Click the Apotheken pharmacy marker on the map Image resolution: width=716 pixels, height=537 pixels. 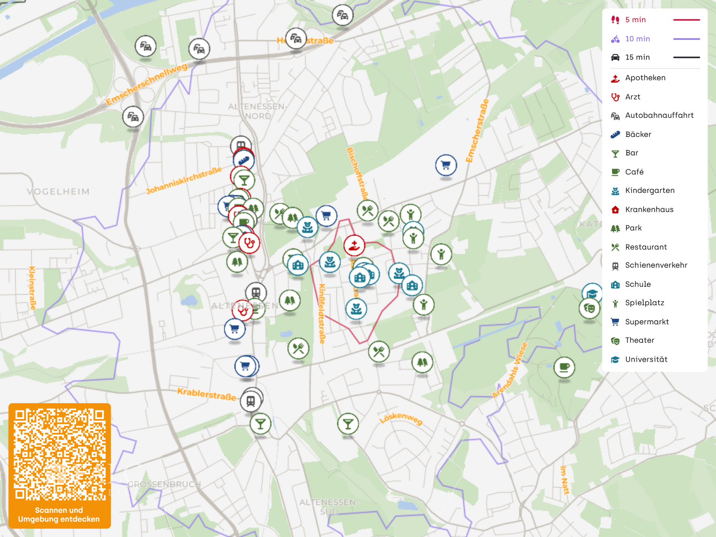coord(354,245)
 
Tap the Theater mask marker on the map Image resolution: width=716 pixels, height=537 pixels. coord(589,308)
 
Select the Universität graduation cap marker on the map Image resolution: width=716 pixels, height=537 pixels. coord(592,293)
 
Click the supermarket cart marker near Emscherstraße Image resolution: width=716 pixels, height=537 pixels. coord(446,165)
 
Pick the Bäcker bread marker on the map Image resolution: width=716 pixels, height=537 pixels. coord(244,160)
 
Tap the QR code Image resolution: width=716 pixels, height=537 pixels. coord(60,454)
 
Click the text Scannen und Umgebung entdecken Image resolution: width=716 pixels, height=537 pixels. coord(59,515)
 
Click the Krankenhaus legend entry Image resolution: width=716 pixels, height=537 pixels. coord(649,210)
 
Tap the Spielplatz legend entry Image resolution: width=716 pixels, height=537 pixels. coord(644,303)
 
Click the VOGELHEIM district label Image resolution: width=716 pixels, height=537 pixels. coord(58,192)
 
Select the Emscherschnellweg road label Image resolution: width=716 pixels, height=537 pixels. coord(146,85)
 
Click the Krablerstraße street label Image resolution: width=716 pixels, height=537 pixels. coord(206,394)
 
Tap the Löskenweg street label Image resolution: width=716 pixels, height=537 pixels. coord(401,418)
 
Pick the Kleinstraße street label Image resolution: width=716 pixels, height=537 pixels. coord(32,288)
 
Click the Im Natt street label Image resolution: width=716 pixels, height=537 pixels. coord(565,480)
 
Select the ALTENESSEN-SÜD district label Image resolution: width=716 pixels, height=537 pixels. coord(329,507)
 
